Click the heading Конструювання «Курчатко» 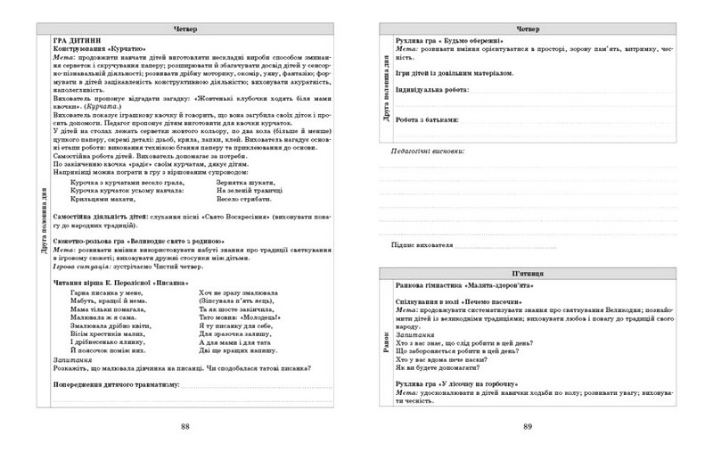[99, 50]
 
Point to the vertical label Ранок [386, 343]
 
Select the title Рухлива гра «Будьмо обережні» [449, 41]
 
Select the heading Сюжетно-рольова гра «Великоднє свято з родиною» [130, 241]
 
